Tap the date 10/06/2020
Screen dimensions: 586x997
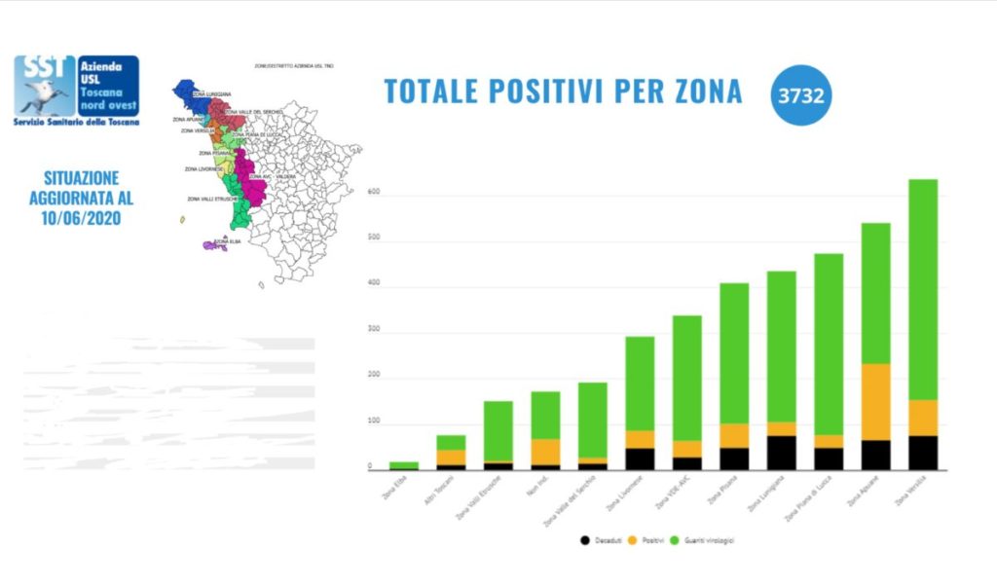(x=83, y=218)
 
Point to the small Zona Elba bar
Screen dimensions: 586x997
(x=404, y=465)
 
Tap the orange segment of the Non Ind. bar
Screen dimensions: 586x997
(x=545, y=452)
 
